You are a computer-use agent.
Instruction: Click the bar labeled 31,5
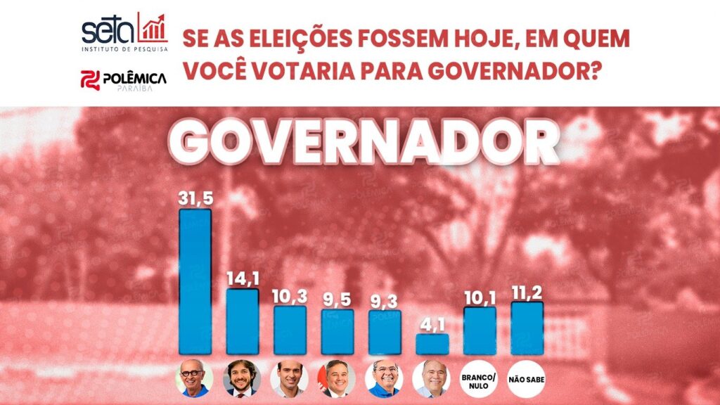[x=195, y=281]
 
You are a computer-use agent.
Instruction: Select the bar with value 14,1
[x=242, y=321]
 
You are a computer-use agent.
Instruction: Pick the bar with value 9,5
[x=337, y=331]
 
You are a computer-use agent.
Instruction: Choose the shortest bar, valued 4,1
[x=432, y=344]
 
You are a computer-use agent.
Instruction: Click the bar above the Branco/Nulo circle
[x=480, y=330]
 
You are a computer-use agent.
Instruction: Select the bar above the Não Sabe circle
[x=527, y=328]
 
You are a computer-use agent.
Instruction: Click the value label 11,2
[x=527, y=290]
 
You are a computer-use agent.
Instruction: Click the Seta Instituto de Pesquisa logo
[x=124, y=32]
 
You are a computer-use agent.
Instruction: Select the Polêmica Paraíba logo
[x=124, y=81]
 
